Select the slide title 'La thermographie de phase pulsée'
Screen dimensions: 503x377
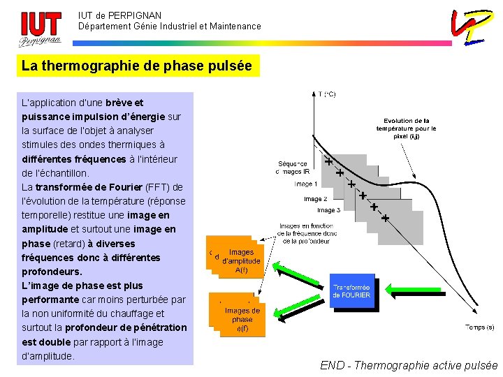point(137,66)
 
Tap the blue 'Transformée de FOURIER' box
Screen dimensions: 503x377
point(351,291)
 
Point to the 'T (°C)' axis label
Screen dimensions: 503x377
point(326,94)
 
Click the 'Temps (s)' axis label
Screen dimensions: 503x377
point(479,327)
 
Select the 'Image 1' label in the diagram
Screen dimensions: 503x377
point(305,184)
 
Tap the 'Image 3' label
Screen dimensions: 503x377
point(329,210)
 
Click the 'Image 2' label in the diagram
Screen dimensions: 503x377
point(315,199)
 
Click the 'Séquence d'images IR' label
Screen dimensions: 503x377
point(293,168)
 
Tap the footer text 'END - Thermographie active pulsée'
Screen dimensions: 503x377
point(409,365)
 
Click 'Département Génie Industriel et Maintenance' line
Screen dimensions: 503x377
point(169,27)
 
